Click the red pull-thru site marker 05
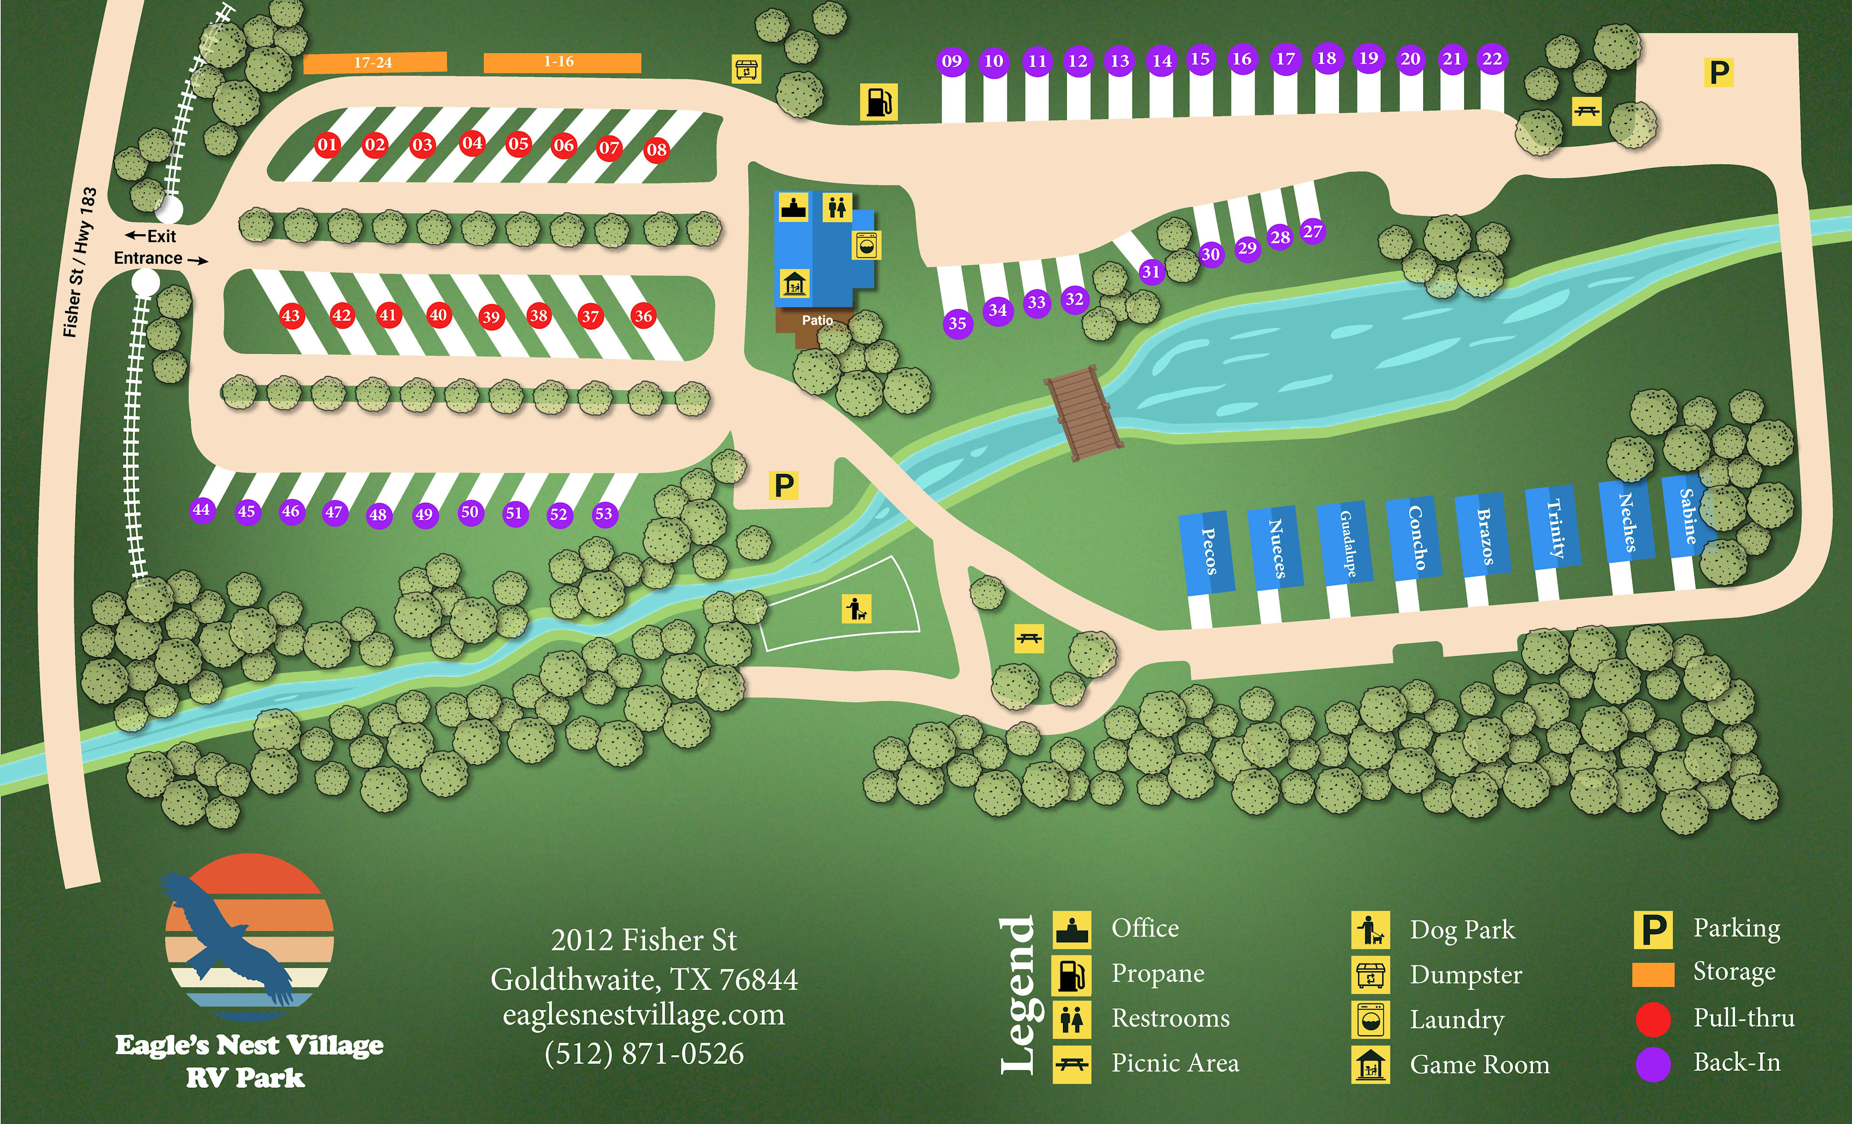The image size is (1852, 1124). [518, 144]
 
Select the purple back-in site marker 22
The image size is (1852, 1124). [1492, 59]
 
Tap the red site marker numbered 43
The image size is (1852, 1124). [290, 316]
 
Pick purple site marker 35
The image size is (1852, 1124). [957, 324]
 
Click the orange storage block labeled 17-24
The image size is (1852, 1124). [374, 62]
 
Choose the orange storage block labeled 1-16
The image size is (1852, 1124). [561, 62]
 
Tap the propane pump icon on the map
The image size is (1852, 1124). [878, 102]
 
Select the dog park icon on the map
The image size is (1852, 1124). [856, 609]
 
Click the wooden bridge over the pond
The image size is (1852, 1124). [1083, 413]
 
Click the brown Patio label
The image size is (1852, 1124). [817, 320]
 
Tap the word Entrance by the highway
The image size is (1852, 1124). [148, 258]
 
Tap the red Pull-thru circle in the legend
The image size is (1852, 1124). [1653, 1019]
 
